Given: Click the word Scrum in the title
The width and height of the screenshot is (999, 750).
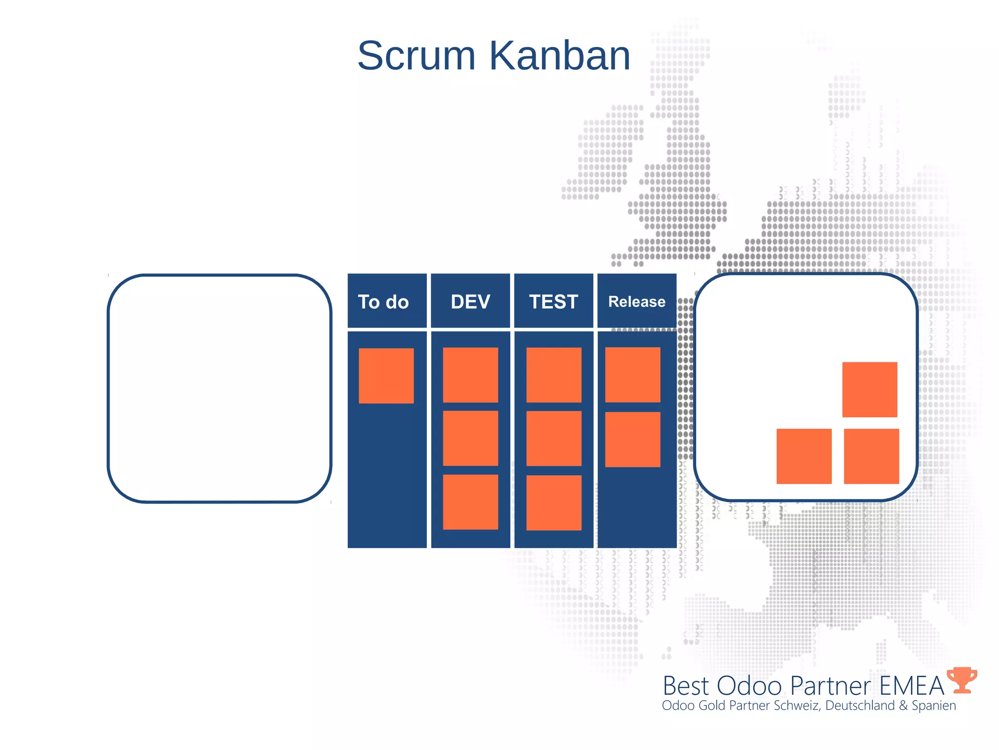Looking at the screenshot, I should tap(416, 56).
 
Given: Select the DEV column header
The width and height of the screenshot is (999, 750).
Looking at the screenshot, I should tap(470, 301).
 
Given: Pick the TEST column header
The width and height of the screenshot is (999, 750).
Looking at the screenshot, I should tap(554, 301).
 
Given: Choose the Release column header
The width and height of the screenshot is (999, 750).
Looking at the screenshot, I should tap(637, 301).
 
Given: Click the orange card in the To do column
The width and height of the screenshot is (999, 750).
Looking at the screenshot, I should tap(386, 375).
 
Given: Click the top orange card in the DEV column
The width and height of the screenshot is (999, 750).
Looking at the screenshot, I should tap(470, 375).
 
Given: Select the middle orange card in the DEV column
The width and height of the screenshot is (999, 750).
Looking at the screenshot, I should tap(470, 438).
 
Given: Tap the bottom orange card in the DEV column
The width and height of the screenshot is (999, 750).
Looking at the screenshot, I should tap(470, 502).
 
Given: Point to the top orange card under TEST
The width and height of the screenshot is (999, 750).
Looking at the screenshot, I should tap(554, 375).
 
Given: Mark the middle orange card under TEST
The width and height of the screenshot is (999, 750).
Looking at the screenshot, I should tap(554, 438).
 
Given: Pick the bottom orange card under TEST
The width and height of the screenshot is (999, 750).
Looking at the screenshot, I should tap(554, 502).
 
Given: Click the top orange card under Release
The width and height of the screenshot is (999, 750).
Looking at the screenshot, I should tap(633, 375).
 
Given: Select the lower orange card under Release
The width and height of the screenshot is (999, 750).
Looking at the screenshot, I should tap(633, 439).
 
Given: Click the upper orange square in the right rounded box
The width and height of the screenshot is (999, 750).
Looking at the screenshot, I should tap(870, 389).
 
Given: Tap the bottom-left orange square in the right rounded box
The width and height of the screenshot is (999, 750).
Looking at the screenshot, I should tap(804, 456).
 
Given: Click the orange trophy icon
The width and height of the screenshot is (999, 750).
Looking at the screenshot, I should tap(962, 680).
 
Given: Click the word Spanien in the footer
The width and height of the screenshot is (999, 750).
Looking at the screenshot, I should tap(934, 706).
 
